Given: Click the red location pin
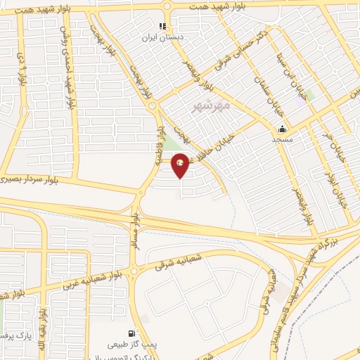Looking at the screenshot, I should click(181, 165).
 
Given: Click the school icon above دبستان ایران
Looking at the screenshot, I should click(162, 27).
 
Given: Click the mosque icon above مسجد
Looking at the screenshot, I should click(282, 129).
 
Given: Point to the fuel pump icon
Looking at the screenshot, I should click(131, 333).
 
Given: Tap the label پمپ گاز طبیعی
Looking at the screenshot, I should click(131, 345).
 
